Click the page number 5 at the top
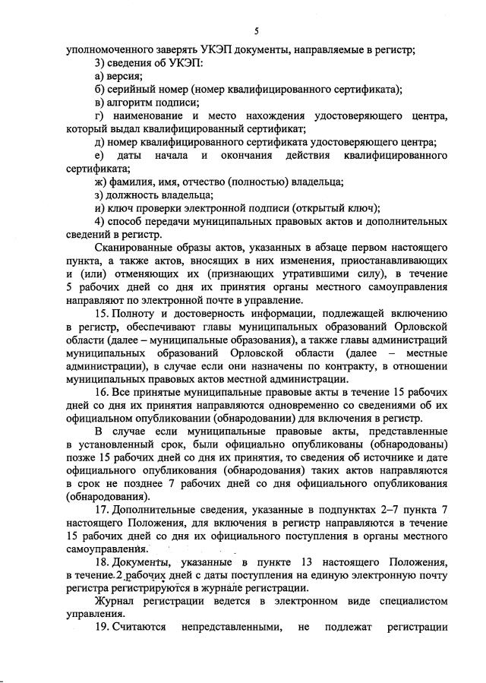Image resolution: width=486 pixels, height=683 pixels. (257, 31)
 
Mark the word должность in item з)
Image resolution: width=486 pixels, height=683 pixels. (134, 194)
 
